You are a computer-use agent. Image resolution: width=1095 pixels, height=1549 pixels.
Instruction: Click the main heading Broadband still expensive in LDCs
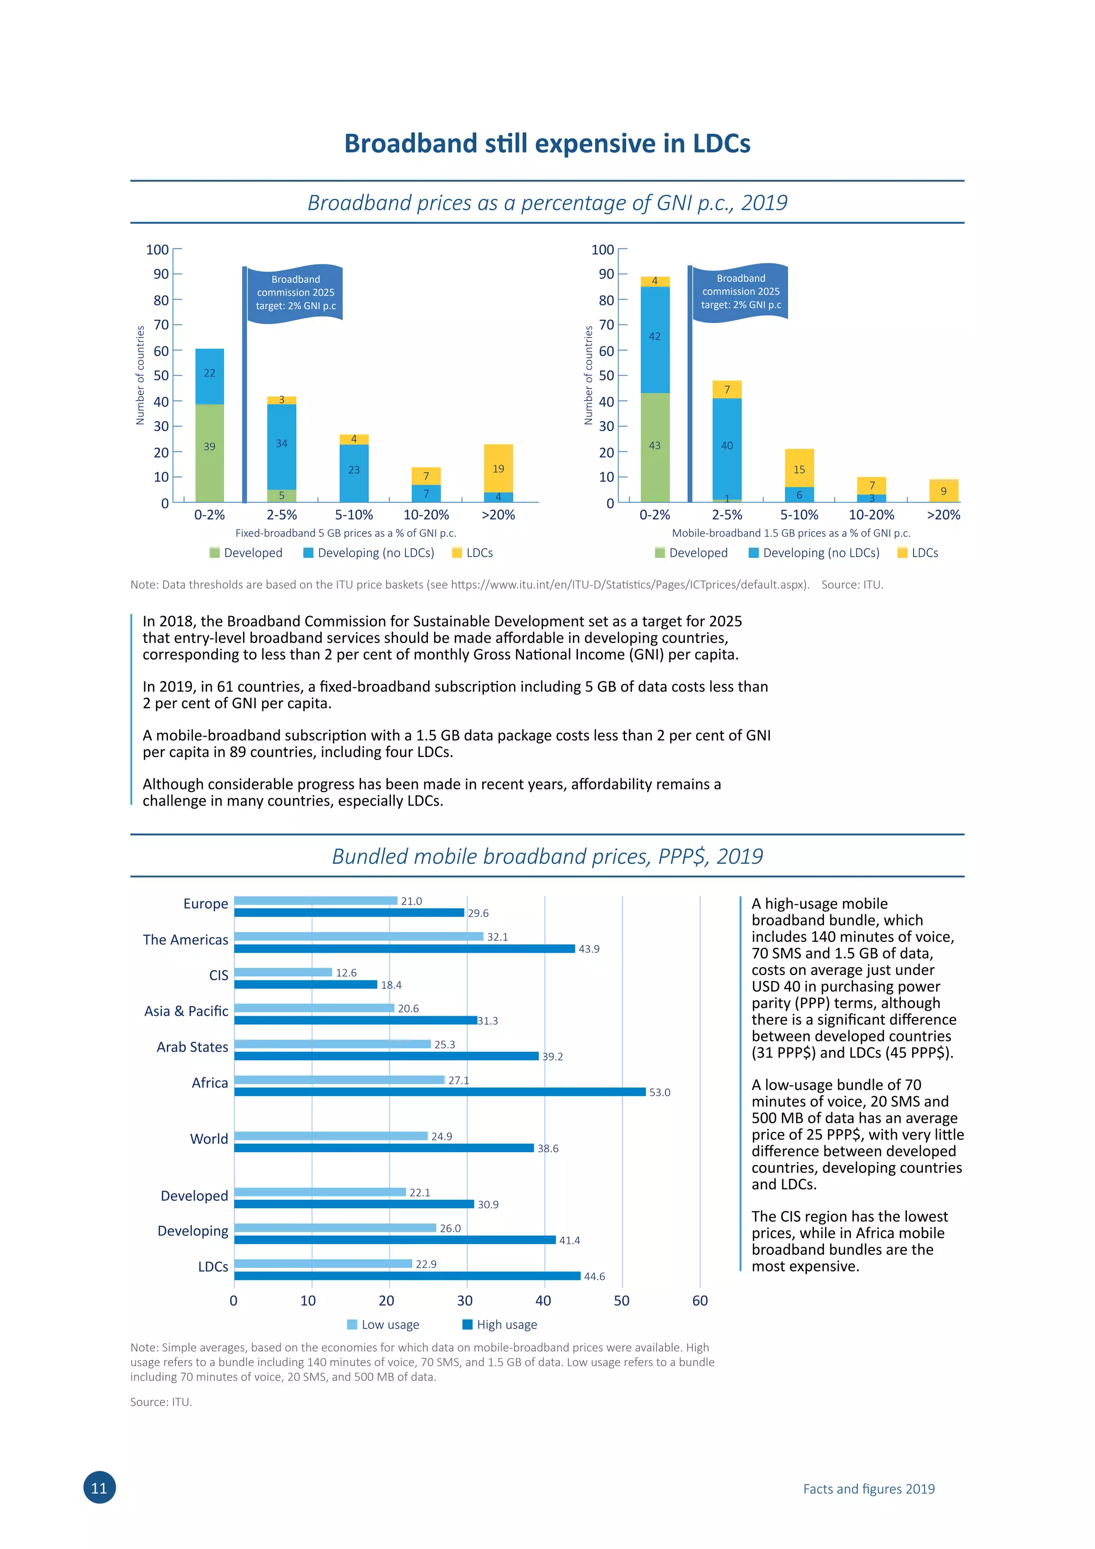click(x=547, y=144)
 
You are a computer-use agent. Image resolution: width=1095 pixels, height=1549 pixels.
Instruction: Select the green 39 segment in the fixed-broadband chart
click(x=210, y=453)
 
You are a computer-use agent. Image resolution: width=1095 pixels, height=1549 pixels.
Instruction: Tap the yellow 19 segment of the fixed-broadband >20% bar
click(x=498, y=468)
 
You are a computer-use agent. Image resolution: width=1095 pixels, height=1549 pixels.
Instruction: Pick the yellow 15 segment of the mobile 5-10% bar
click(x=799, y=467)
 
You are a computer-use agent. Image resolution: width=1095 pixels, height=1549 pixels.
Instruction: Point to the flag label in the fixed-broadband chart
click(x=295, y=293)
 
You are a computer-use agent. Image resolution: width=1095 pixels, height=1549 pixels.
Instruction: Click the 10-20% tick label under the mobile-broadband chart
click(x=871, y=515)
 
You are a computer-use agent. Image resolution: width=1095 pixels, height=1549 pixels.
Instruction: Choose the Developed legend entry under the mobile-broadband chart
click(x=691, y=553)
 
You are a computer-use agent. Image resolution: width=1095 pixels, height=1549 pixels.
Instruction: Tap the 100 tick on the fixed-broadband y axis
click(x=157, y=250)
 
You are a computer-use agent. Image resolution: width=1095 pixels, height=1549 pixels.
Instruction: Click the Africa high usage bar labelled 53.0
click(x=439, y=1092)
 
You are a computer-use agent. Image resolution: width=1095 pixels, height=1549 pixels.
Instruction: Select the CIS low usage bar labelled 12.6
click(x=283, y=972)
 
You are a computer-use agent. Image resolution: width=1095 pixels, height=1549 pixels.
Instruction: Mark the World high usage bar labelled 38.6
click(x=384, y=1148)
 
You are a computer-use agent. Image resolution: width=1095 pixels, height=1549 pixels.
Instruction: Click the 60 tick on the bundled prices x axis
click(x=700, y=1301)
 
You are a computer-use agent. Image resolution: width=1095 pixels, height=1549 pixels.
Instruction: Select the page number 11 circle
click(x=99, y=1487)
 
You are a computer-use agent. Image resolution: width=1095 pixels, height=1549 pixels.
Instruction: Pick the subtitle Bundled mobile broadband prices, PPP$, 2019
click(x=547, y=856)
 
